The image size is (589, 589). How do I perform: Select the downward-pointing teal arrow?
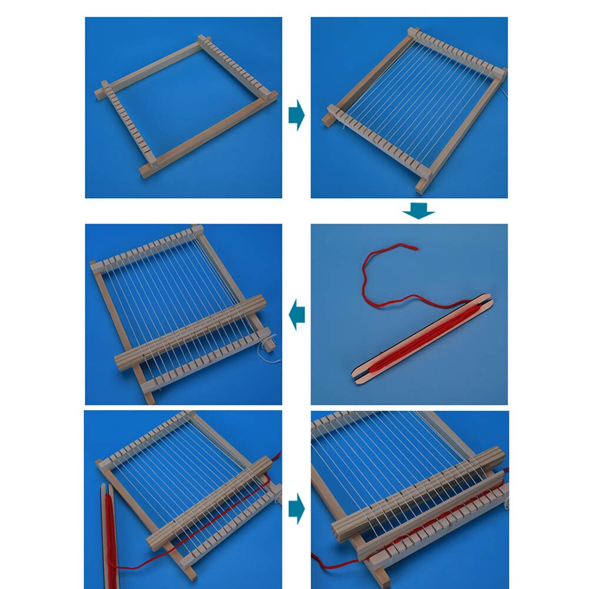[418, 211]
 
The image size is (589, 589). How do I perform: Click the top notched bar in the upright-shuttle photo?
[147, 438]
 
